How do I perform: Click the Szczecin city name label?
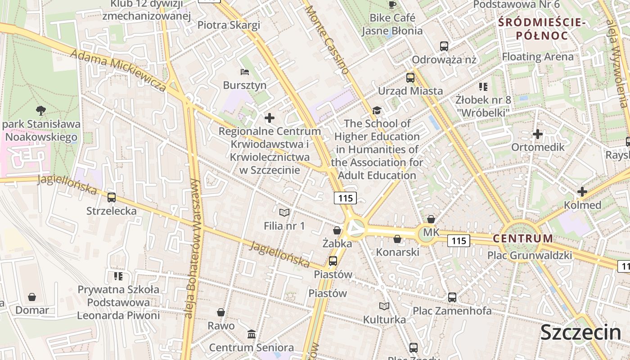tap(580, 333)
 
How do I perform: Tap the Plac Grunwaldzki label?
tap(530, 256)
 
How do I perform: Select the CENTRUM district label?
tap(523, 238)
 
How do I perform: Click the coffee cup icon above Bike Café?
tap(392, 4)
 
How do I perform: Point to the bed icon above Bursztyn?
tap(245, 72)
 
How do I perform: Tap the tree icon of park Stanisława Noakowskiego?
tap(41, 110)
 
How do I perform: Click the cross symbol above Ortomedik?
tap(537, 134)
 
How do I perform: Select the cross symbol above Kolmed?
tap(582, 192)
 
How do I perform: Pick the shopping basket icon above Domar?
tap(32, 297)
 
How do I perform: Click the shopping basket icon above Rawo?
tap(221, 312)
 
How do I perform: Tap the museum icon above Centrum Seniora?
tap(252, 334)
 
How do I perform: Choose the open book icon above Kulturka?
tap(384, 306)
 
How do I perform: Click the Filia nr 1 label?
tap(284, 225)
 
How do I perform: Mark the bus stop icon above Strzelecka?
tap(111, 197)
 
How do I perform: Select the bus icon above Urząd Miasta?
tap(410, 77)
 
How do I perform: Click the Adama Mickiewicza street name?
tap(118, 70)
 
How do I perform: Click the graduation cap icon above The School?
tap(377, 110)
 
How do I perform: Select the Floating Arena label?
tap(538, 57)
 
